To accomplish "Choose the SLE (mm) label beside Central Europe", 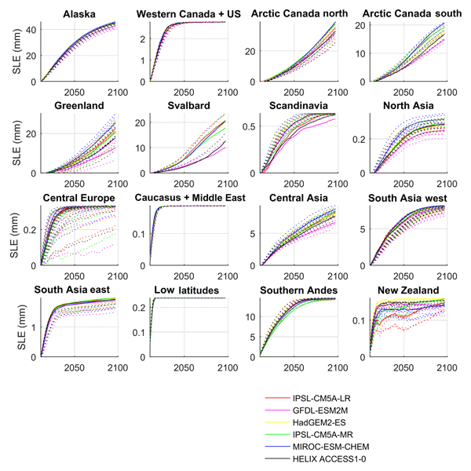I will (x=13, y=232).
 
